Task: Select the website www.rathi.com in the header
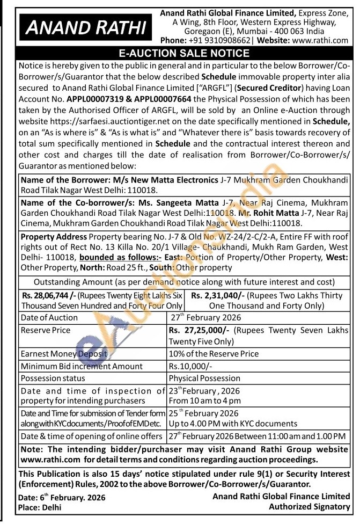coord(321,40)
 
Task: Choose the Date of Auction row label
coord(49,317)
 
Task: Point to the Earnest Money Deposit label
coord(64,354)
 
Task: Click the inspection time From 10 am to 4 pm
coord(204,401)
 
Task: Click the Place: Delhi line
coord(40,507)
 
